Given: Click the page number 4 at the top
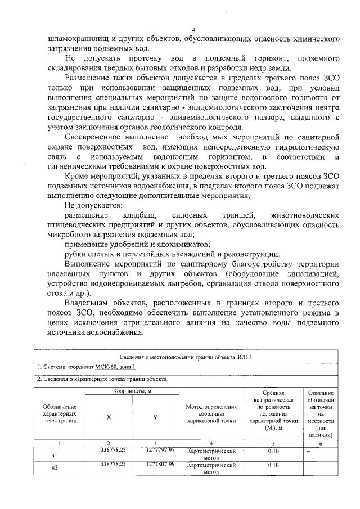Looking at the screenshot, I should [x=193, y=30].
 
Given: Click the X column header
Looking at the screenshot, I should [x=109, y=417].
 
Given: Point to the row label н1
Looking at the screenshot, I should [x=55, y=454].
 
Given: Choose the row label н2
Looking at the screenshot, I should [x=55, y=468].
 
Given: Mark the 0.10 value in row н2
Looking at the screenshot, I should [x=273, y=465].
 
